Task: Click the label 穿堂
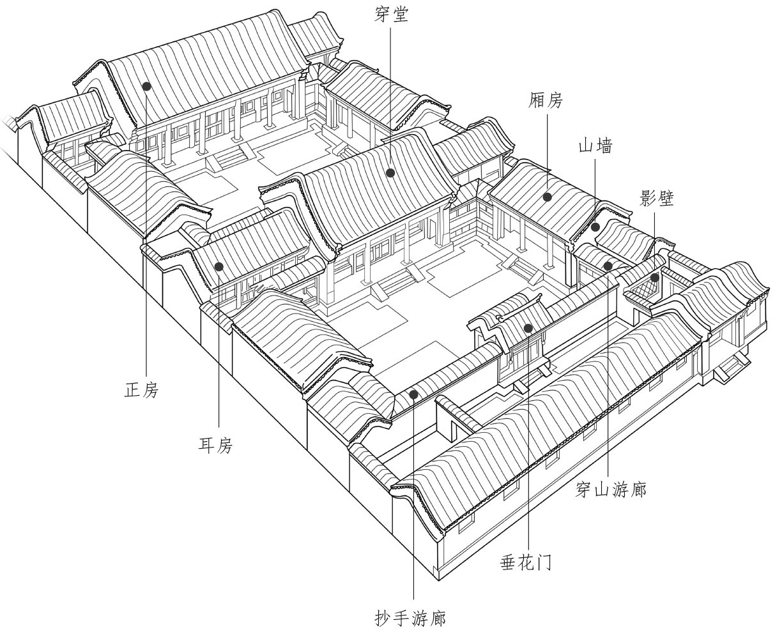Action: [391, 15]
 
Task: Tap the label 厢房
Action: [547, 100]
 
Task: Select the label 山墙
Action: [595, 147]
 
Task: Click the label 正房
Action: [141, 389]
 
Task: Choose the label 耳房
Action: [215, 446]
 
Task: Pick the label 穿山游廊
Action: [611, 490]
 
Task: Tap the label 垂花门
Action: [526, 562]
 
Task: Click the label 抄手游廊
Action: [410, 618]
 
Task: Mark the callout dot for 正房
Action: [146, 86]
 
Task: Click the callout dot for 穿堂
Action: [390, 172]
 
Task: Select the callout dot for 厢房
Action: [548, 197]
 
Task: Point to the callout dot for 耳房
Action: [219, 266]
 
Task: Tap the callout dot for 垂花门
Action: [528, 329]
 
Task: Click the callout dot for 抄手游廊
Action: [413, 395]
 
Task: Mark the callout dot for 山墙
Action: [595, 227]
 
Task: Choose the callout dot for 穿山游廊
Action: [608, 266]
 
